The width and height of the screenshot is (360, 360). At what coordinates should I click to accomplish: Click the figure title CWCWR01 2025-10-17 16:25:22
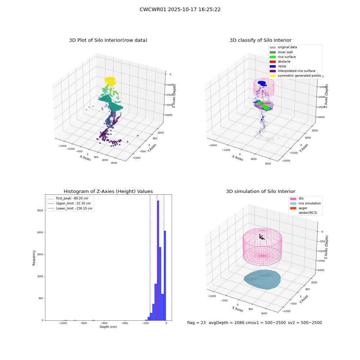(x=180, y=10)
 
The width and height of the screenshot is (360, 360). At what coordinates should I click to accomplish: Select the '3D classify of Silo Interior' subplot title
(x=261, y=40)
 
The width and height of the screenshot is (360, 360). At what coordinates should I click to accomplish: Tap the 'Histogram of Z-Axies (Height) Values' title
(x=108, y=192)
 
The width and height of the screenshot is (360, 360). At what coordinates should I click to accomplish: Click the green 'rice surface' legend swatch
(x=273, y=57)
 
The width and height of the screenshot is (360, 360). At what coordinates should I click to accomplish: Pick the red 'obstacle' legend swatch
(x=273, y=62)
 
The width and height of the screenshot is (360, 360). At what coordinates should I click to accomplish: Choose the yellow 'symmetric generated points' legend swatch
(x=273, y=76)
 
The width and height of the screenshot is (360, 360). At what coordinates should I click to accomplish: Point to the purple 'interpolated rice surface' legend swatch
(x=273, y=71)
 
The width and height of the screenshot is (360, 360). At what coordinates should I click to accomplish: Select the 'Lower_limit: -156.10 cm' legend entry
(x=70, y=208)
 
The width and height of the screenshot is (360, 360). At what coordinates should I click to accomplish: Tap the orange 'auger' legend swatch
(x=293, y=208)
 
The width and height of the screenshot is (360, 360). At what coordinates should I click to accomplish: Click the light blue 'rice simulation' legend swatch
(x=293, y=203)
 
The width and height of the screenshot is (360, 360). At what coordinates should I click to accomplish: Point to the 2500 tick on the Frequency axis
(x=40, y=211)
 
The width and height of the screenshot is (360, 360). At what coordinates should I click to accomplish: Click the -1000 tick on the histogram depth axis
(x=62, y=323)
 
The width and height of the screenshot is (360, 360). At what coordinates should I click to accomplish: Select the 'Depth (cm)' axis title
(x=108, y=327)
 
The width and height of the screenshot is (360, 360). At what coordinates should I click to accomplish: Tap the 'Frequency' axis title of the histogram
(x=34, y=258)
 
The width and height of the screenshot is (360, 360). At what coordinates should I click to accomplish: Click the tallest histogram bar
(x=158, y=260)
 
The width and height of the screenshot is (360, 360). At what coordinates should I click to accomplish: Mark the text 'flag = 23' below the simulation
(x=196, y=323)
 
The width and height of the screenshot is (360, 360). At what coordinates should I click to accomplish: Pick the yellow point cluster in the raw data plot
(x=110, y=81)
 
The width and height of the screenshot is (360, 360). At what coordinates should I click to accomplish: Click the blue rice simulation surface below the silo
(x=262, y=279)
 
